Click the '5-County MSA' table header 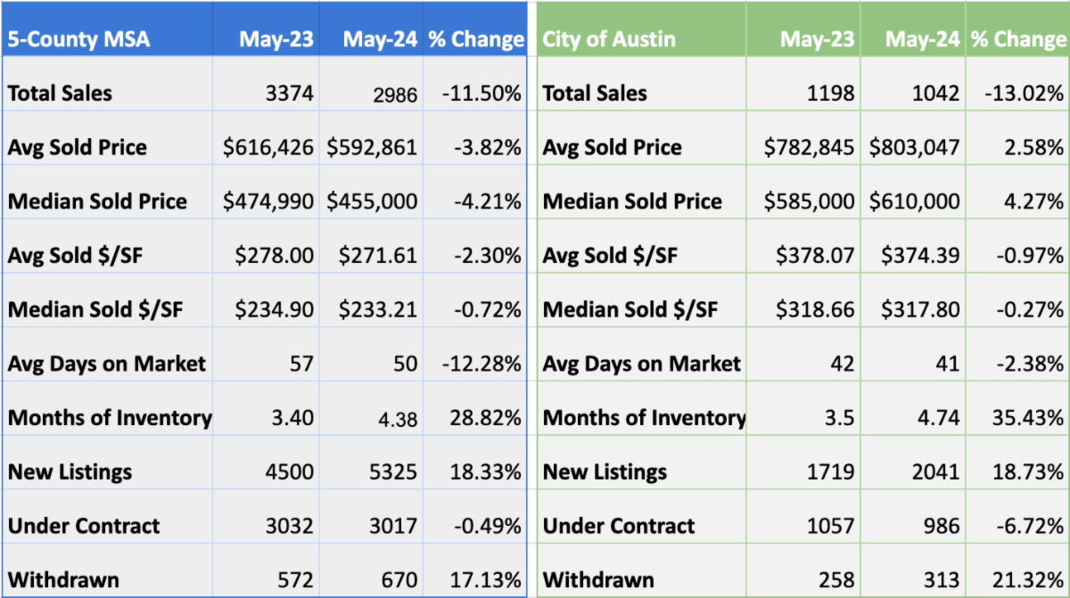[78, 39]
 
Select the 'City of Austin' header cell [609, 39]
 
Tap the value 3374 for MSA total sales [290, 93]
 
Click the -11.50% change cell [481, 93]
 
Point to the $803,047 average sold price [914, 147]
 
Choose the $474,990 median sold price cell [268, 201]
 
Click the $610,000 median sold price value [914, 201]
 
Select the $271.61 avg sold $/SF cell [378, 256]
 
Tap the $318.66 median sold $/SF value [815, 309]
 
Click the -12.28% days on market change [481, 364]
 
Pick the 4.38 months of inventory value [398, 420]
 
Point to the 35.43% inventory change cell [1028, 418]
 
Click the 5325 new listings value [393, 472]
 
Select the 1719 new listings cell [831, 472]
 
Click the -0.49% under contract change [487, 526]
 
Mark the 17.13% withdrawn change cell [485, 580]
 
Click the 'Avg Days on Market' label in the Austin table [641, 365]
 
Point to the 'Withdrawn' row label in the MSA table [63, 580]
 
